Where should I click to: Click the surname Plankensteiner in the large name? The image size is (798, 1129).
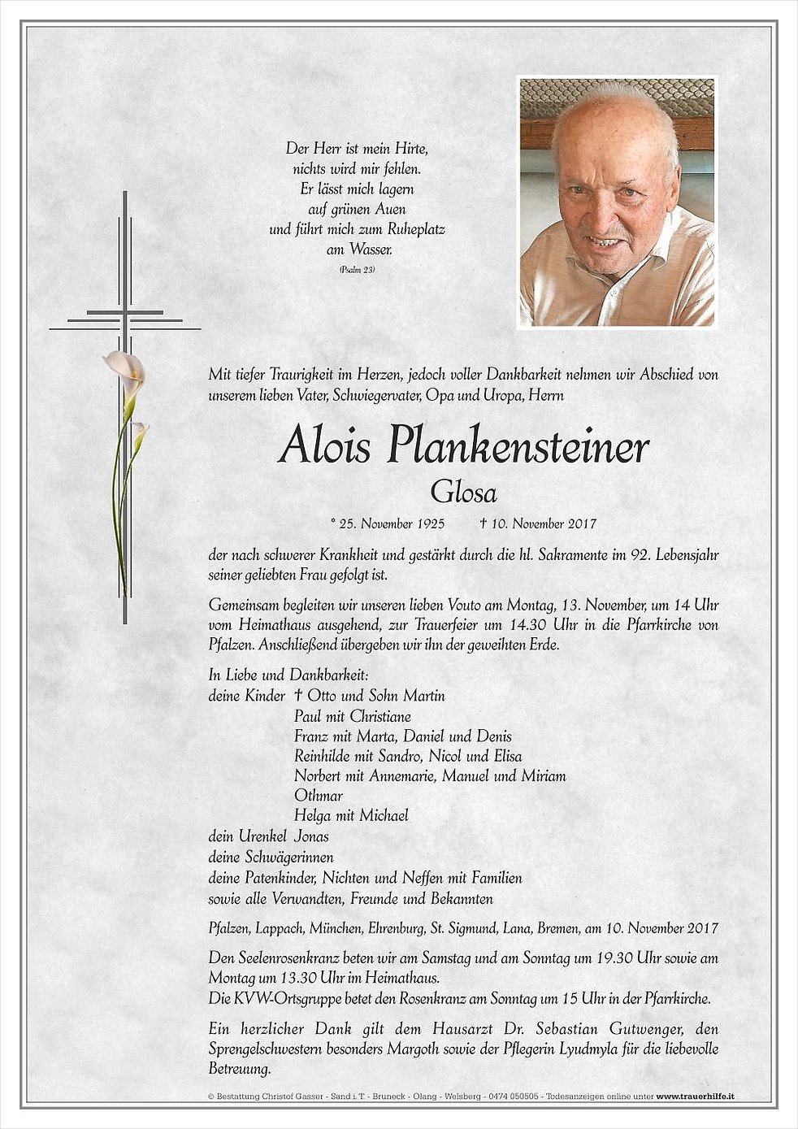518,448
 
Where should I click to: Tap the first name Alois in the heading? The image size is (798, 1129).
324,446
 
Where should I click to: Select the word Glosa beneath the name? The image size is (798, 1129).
464,492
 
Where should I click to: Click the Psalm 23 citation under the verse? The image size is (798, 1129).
358,269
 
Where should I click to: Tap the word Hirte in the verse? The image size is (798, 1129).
410,149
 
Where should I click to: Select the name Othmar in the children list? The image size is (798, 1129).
318,796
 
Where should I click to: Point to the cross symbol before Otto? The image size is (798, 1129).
298,696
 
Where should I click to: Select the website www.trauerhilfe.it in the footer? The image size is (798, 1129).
695,1096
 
